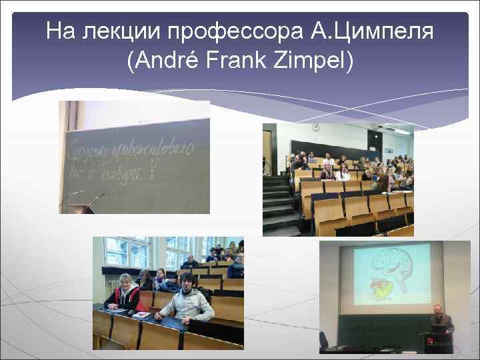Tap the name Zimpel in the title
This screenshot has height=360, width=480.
tap(314, 61)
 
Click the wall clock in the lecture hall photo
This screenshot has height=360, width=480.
tap(316, 127)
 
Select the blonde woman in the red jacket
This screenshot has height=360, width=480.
tap(125, 293)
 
